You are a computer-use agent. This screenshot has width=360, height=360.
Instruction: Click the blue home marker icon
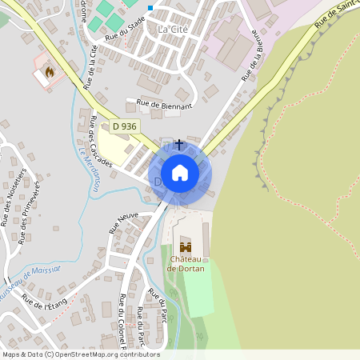click(x=180, y=173)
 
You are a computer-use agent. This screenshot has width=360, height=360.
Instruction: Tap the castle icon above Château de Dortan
click(x=186, y=248)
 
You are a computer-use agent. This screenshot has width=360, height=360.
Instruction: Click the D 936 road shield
click(x=125, y=126)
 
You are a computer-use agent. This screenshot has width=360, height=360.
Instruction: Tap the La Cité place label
click(x=172, y=30)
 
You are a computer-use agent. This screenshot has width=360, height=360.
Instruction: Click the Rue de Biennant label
click(x=165, y=104)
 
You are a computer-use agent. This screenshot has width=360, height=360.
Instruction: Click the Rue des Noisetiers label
click(x=9, y=197)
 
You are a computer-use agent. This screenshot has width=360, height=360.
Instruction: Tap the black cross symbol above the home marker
click(x=179, y=144)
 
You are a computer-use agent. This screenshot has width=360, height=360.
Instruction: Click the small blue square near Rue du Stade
click(x=150, y=8)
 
